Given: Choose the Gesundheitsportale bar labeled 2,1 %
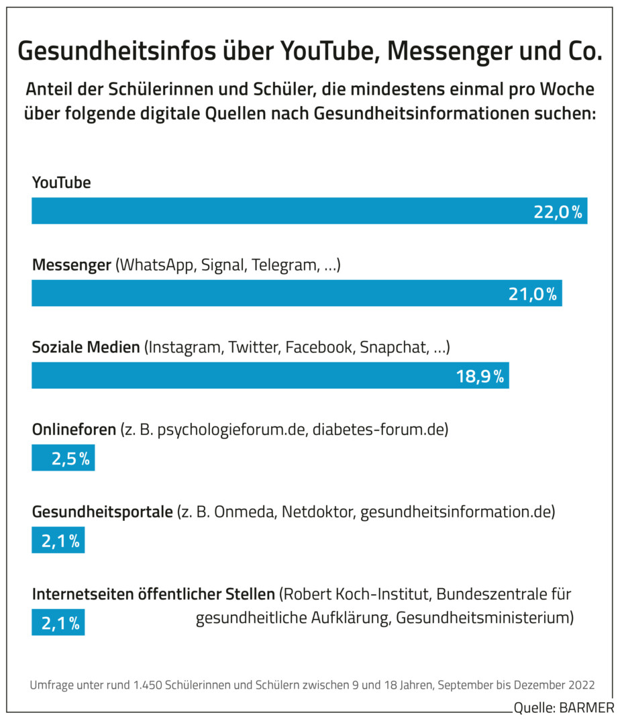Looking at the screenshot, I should click(58, 540).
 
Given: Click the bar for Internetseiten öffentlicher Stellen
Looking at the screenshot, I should click(58, 622).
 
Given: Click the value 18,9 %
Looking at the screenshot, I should click(480, 376).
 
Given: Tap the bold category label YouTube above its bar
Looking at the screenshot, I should click(62, 183).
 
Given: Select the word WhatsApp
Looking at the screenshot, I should click(154, 265).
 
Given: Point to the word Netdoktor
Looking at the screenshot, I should click(318, 512).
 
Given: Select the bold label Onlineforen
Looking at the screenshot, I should click(74, 430).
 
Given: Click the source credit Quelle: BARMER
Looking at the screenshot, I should click(563, 708).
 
